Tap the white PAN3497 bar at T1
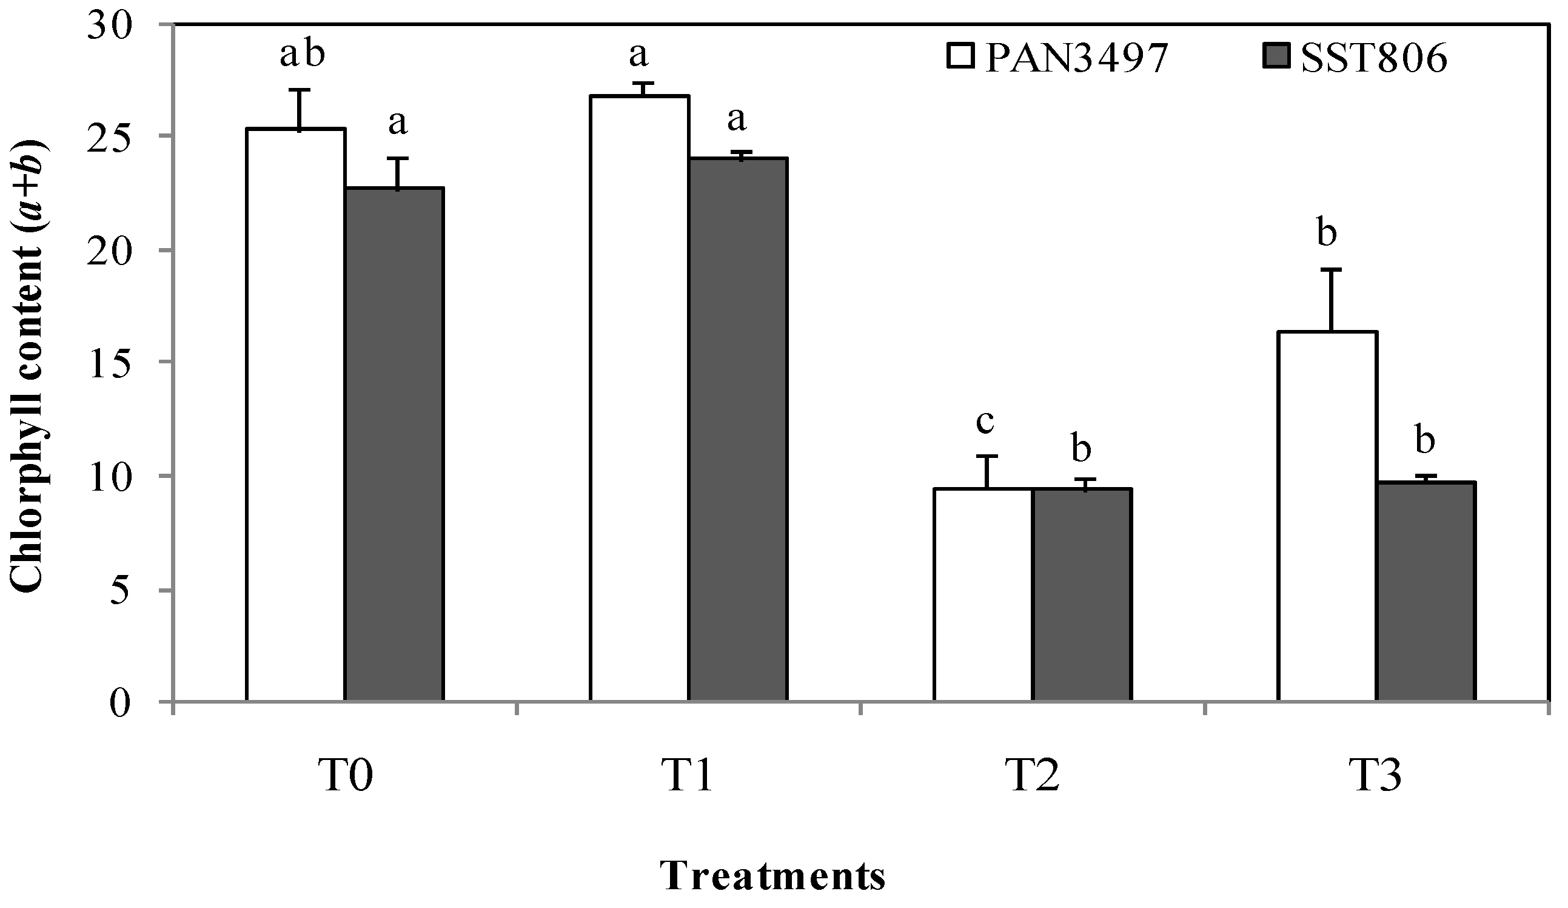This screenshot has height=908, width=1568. pos(640,398)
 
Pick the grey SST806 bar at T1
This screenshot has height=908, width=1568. pos(738,429)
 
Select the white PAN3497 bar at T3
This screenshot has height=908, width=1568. pos(1327,516)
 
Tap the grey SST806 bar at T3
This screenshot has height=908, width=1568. pos(1426,591)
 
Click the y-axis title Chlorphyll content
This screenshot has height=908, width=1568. pos(30,367)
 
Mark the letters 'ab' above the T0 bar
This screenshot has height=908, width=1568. pos(303,55)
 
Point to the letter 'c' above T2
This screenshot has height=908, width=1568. pos(985,422)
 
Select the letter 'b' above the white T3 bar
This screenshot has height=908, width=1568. pos(1327,234)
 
